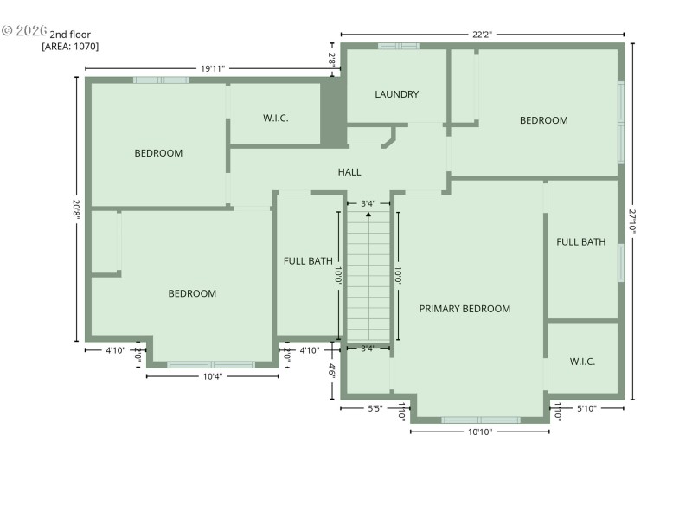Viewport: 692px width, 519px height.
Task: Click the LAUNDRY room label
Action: (x=397, y=94)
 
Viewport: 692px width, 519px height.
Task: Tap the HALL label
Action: (x=349, y=172)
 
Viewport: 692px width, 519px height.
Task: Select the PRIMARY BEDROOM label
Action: (x=465, y=309)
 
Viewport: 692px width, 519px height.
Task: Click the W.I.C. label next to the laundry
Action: (x=276, y=118)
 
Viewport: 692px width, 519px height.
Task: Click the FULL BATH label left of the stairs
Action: (x=308, y=260)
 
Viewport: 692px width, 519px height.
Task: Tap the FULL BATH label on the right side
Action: (x=580, y=242)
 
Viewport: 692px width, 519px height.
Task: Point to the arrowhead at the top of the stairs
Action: (x=369, y=214)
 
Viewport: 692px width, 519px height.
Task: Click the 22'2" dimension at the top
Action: (x=482, y=35)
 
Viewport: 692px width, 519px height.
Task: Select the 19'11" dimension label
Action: (x=213, y=67)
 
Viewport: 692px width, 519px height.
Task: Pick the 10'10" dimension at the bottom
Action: (x=479, y=431)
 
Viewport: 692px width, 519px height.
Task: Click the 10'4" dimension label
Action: (x=212, y=375)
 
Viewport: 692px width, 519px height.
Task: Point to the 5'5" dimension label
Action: (x=375, y=408)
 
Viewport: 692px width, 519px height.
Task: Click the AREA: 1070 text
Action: (x=70, y=47)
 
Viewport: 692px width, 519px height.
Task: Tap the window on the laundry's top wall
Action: (x=398, y=46)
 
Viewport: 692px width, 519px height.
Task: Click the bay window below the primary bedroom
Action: (x=480, y=420)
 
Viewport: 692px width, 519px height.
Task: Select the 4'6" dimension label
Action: (x=332, y=370)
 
